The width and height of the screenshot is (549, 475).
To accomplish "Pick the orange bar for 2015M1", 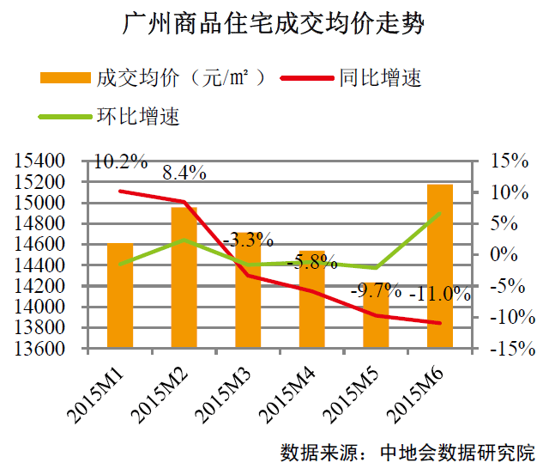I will click(120, 295).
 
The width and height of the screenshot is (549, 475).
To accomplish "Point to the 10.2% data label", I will click(120, 161).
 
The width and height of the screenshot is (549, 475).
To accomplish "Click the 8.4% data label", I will click(184, 173).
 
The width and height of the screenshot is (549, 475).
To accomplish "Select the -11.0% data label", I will click(441, 295).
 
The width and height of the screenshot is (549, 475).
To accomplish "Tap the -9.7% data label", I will click(376, 289).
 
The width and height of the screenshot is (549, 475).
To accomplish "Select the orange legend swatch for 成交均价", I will click(65, 79).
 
